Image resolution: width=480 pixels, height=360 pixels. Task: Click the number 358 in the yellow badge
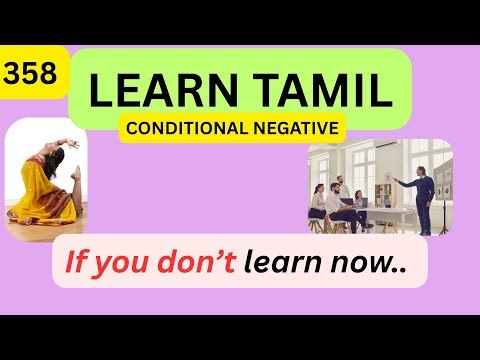tap(33, 73)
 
